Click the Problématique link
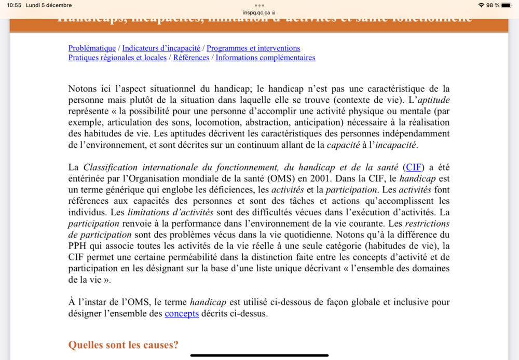click(92, 48)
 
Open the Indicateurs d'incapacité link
click(161, 48)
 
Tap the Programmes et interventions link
click(253, 48)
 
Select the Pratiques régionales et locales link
click(117, 58)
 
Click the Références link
click(191, 58)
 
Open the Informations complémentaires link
click(265, 58)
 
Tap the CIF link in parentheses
click(414, 167)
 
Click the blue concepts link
click(179, 313)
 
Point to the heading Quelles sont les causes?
click(124, 344)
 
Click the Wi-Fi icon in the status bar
click(481, 5)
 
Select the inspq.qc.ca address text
click(256, 12)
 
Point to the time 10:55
click(15, 5)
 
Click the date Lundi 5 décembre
click(50, 5)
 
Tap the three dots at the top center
click(259, 5)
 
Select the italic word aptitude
click(434, 100)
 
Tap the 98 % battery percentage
click(493, 5)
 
